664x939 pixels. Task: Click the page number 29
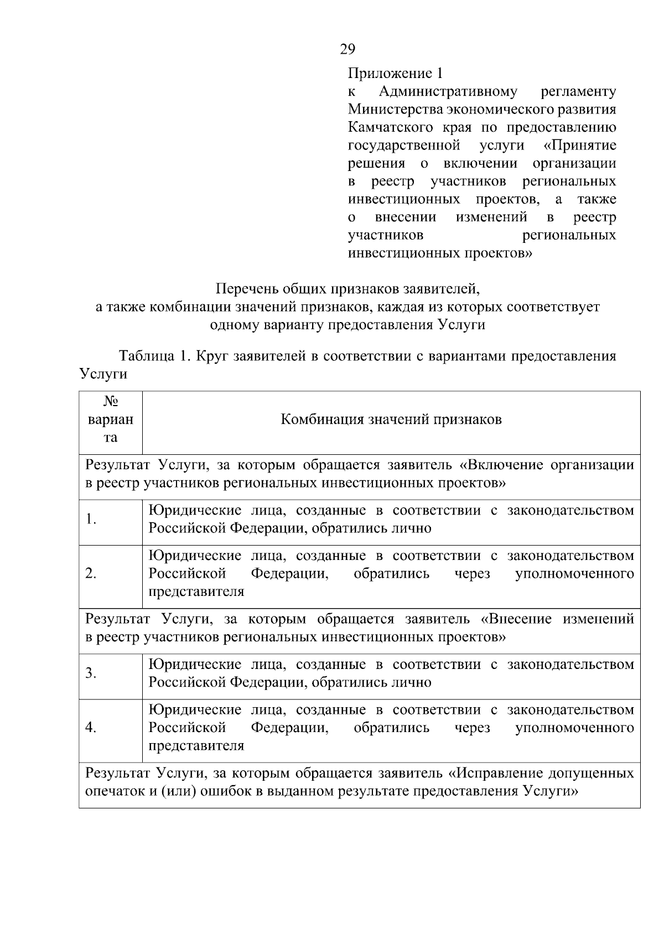[347, 50]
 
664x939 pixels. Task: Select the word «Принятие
[580, 146]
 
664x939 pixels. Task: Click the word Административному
[448, 91]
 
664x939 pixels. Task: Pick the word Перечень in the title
[247, 288]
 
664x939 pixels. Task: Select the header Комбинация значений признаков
[391, 419]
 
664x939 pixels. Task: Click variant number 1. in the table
[91, 519]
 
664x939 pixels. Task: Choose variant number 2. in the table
[91, 574]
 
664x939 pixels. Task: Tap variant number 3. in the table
[91, 673]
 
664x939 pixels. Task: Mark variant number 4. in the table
[91, 728]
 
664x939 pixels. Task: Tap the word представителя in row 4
[196, 745]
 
